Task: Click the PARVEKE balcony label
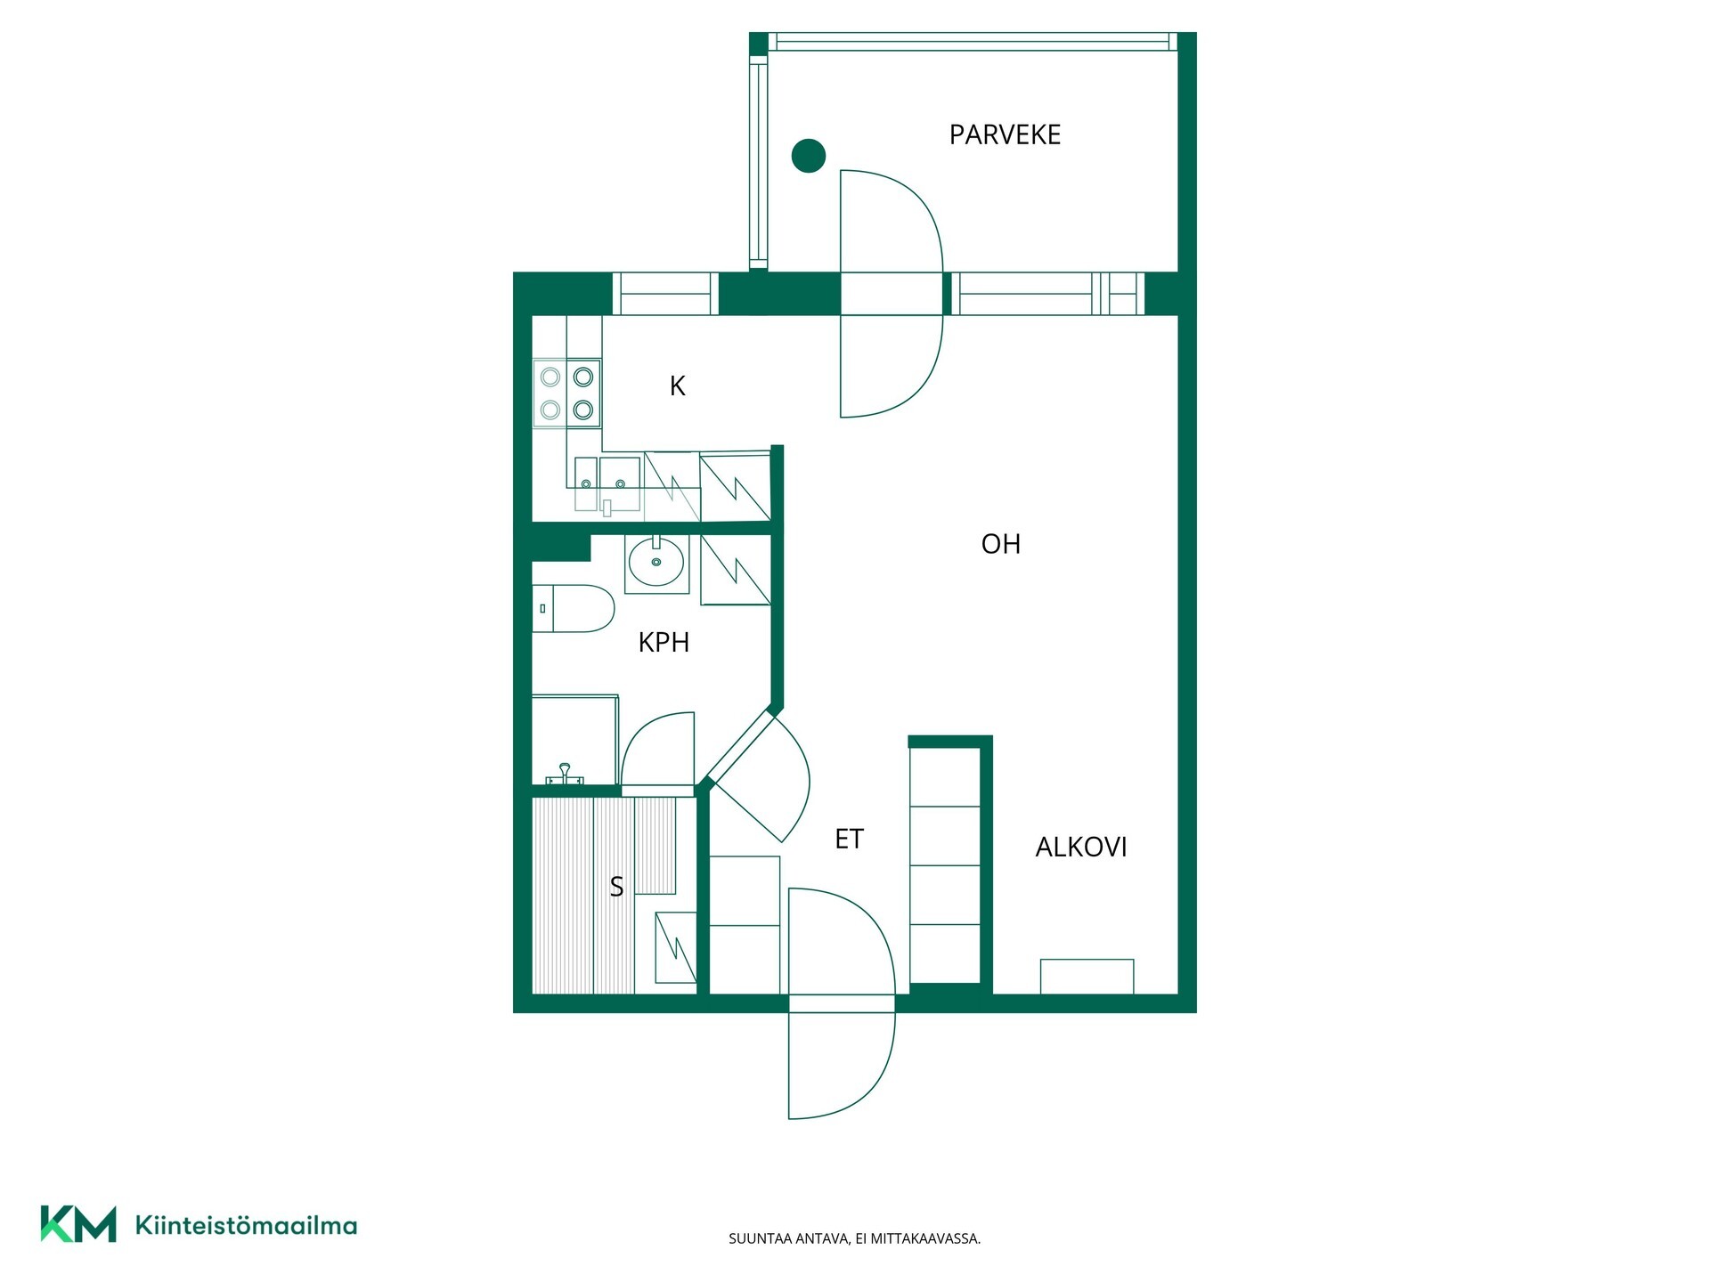click(x=1005, y=134)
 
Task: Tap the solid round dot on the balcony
click(x=809, y=156)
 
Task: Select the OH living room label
click(x=1000, y=544)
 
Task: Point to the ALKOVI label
click(x=1080, y=847)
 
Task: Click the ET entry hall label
click(x=849, y=839)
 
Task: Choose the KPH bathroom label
click(x=664, y=642)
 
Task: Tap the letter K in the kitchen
click(x=677, y=385)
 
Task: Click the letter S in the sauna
click(x=616, y=886)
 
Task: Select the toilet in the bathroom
click(x=574, y=608)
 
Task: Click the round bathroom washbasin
click(x=656, y=563)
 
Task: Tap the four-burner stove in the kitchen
click(x=566, y=394)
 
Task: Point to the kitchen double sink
click(x=607, y=484)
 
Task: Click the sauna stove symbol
click(x=676, y=947)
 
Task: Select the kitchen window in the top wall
click(x=666, y=294)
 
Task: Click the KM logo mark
click(x=78, y=1224)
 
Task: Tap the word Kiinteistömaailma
click(x=246, y=1225)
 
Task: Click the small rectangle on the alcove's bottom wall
click(x=1087, y=977)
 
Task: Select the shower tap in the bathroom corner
click(x=564, y=775)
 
